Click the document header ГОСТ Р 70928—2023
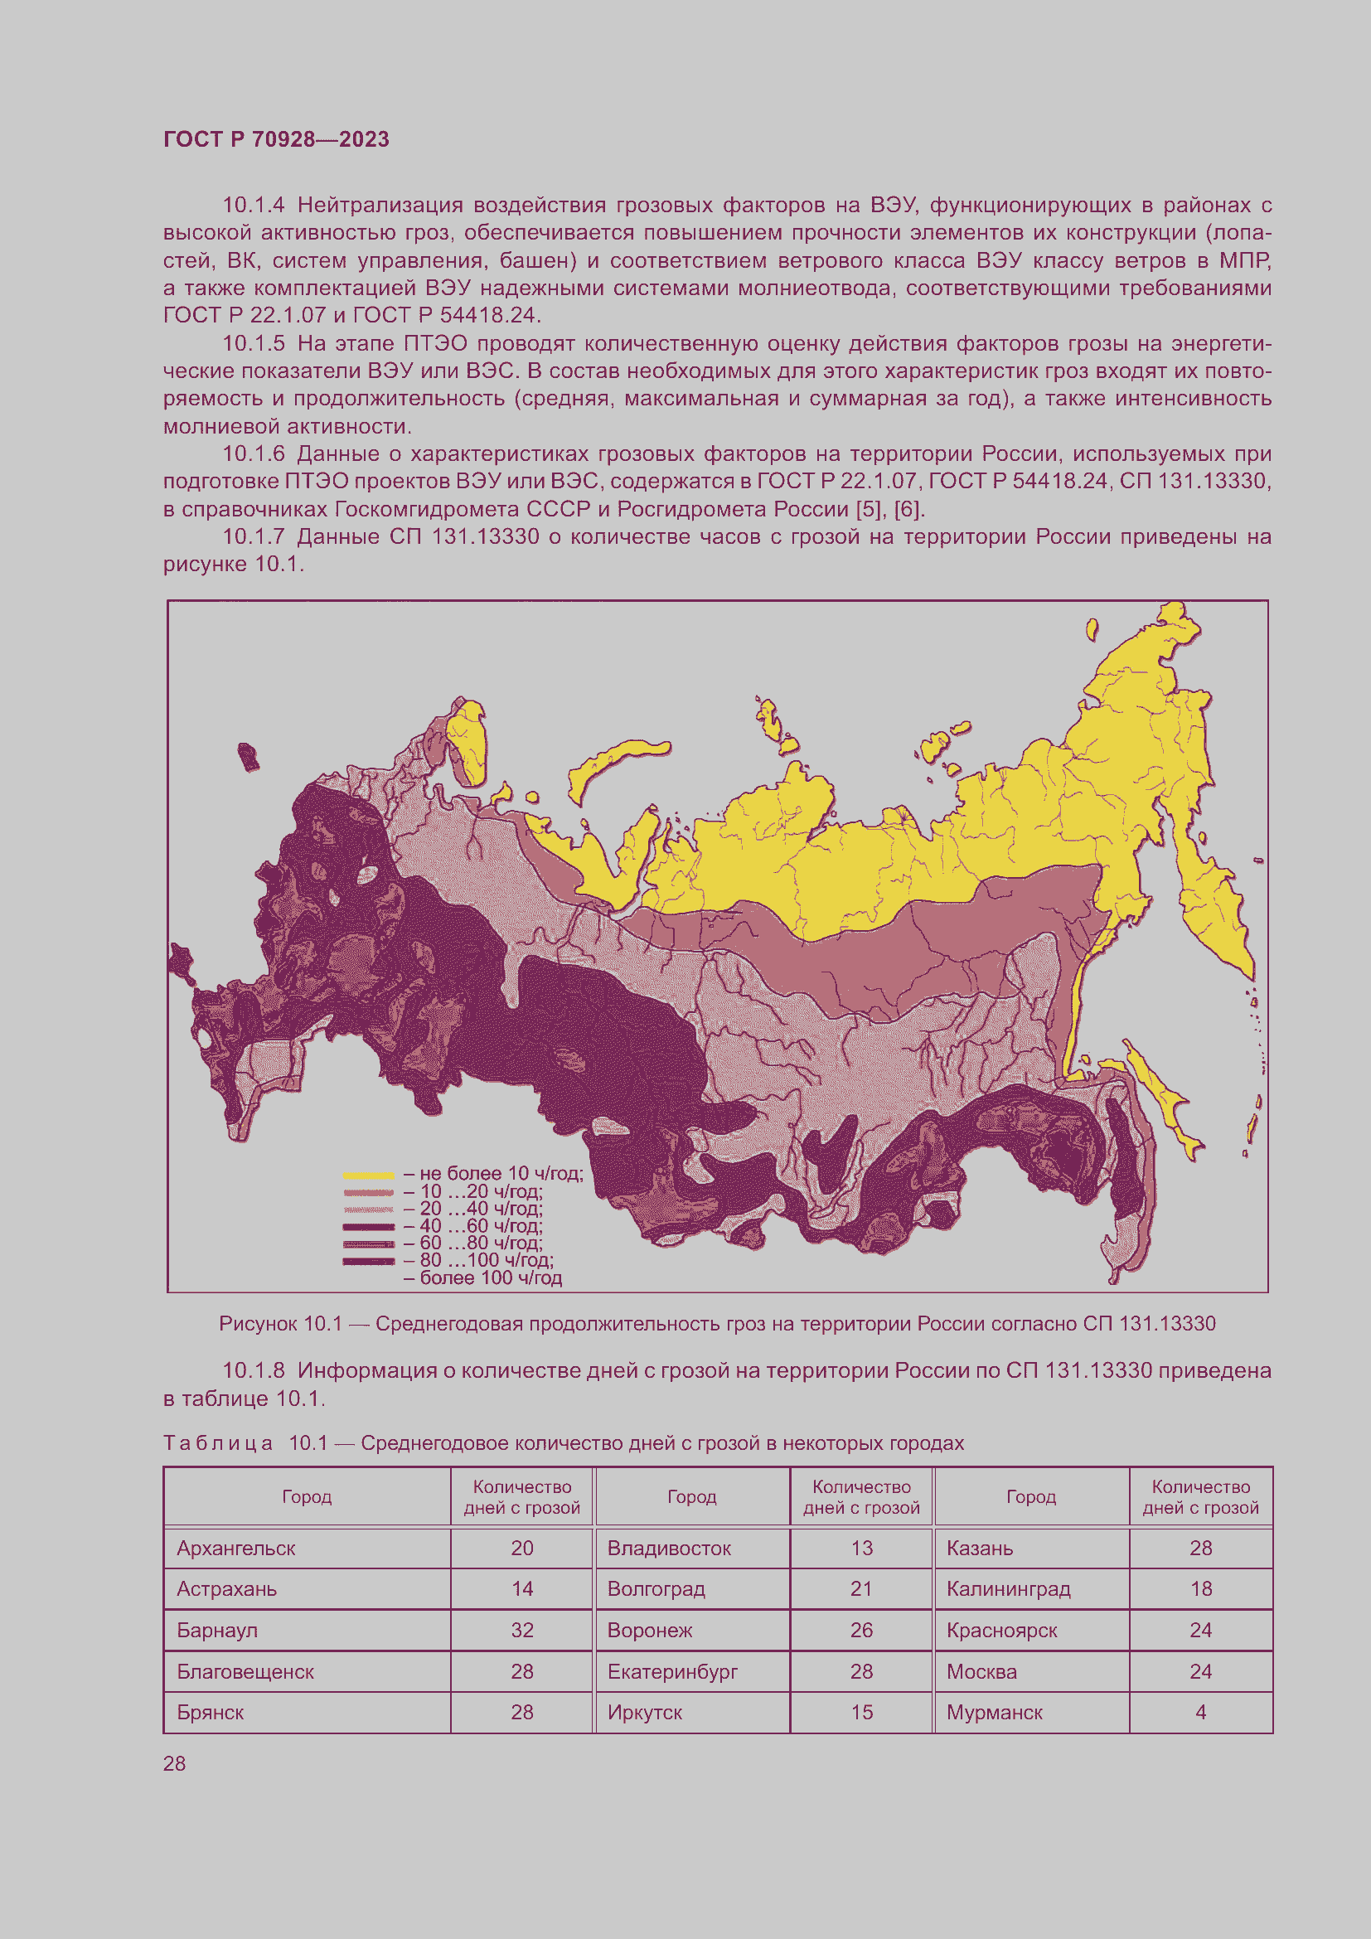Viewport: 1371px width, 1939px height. point(276,139)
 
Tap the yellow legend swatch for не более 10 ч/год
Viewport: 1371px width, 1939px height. point(368,1175)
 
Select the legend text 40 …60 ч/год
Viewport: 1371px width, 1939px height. point(481,1225)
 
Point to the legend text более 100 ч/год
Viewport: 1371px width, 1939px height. point(491,1277)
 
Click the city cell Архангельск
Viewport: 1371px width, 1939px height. point(236,1548)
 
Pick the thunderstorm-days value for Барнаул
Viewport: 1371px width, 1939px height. point(521,1630)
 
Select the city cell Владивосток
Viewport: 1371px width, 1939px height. point(669,1548)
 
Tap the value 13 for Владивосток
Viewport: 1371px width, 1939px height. point(861,1548)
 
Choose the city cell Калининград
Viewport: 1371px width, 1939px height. point(1008,1588)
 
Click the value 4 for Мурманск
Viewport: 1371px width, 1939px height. point(1200,1712)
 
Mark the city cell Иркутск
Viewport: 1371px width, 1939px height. point(644,1712)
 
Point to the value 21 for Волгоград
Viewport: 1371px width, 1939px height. point(861,1588)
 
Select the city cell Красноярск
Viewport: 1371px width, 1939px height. point(1001,1630)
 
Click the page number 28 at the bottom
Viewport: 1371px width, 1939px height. point(175,1763)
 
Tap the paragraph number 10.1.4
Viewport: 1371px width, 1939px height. point(254,206)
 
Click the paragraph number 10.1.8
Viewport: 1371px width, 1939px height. point(254,1370)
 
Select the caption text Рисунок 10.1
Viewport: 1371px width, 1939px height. point(280,1323)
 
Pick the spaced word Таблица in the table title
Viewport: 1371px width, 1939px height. point(218,1443)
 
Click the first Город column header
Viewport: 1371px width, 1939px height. point(307,1496)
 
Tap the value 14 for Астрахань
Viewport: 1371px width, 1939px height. point(521,1588)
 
